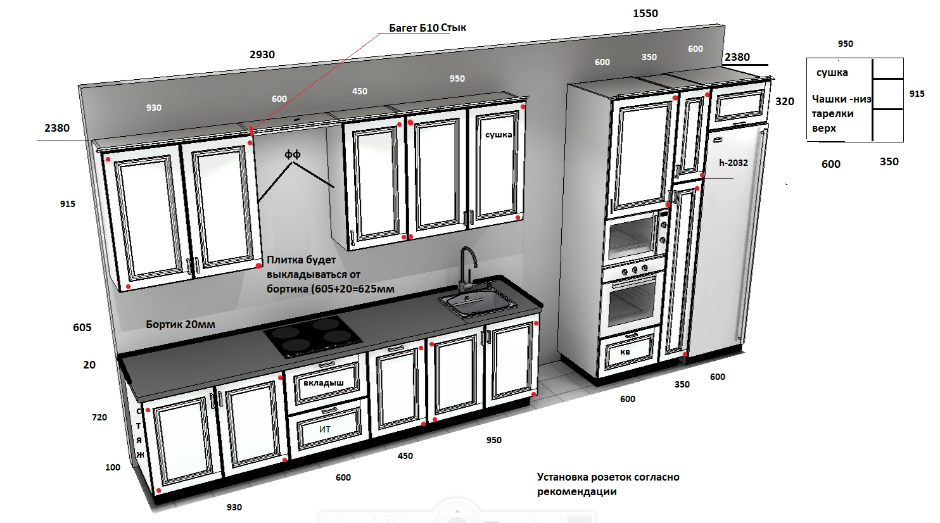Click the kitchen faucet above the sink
pos(467,268)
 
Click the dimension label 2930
pos(262,54)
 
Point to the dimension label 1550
pos(645,13)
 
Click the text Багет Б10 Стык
pos(427,28)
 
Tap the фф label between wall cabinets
pos(293,154)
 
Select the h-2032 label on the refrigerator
pos(734,163)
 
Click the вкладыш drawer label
pos(324,382)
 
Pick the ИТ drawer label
pos(325,429)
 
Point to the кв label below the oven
pos(625,352)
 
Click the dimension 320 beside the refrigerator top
pos(785,101)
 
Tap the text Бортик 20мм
pos(181,324)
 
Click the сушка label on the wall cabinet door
pos(499,135)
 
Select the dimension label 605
pos(82,327)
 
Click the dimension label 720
pos(99,417)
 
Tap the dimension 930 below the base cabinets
pos(234,507)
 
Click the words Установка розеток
pos(584,477)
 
